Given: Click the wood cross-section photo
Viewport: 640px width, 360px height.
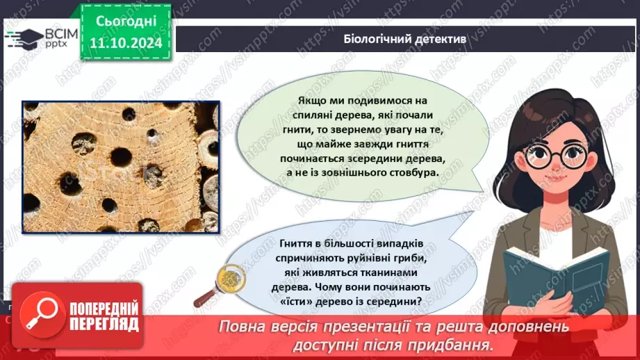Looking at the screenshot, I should (121, 167).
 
